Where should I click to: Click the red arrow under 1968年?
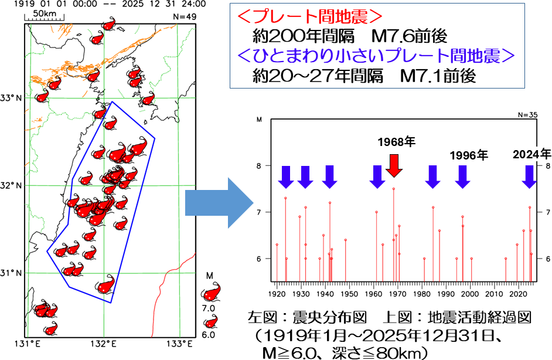(394, 164)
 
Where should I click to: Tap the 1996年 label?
(469, 155)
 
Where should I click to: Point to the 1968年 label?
(396, 142)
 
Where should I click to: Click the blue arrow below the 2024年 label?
(529, 176)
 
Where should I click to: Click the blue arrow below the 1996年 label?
(463, 176)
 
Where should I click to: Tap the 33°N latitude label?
(12, 98)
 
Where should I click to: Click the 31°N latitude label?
(12, 273)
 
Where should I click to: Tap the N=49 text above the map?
(186, 17)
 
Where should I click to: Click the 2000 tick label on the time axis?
(471, 292)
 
